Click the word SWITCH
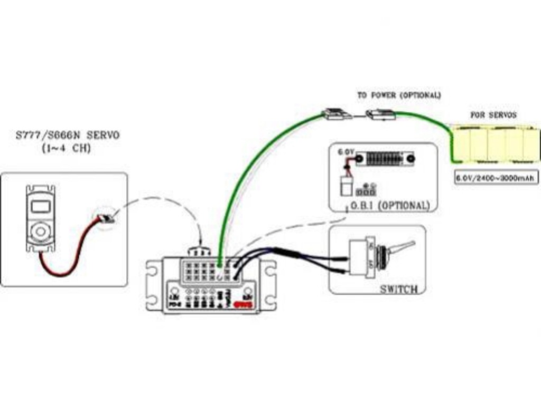(x=399, y=288)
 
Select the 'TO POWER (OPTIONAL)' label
(x=398, y=95)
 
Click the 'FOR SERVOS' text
(x=493, y=114)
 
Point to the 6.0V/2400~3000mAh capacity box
(x=496, y=178)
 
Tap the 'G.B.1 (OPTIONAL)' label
(x=387, y=205)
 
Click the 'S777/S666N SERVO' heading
(x=67, y=136)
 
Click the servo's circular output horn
(x=40, y=231)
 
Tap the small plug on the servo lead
(x=106, y=218)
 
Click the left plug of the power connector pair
(x=336, y=114)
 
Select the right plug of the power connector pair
(x=380, y=114)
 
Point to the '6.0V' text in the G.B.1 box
(x=346, y=152)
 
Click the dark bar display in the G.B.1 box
(x=384, y=158)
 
